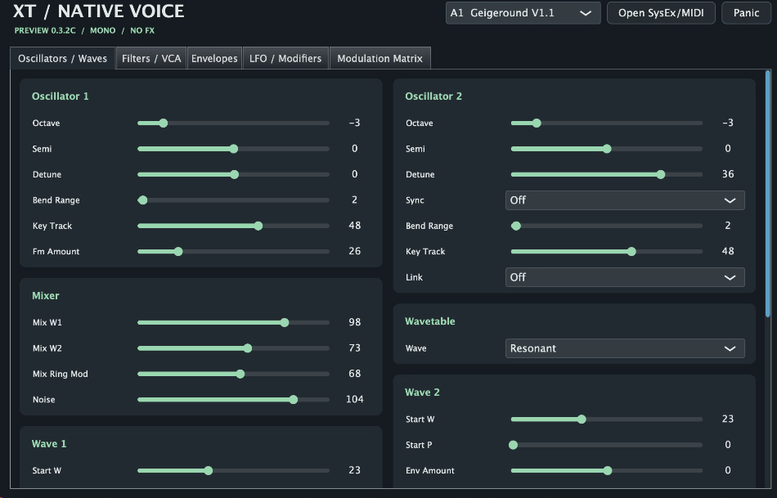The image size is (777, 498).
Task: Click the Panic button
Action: pyautogui.click(x=746, y=13)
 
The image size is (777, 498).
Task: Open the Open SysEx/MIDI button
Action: pyautogui.click(x=661, y=13)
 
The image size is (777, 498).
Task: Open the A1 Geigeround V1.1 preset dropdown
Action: pyautogui.click(x=523, y=13)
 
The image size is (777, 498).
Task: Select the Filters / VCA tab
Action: pyautogui.click(x=151, y=59)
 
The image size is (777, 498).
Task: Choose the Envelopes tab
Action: pyautogui.click(x=214, y=59)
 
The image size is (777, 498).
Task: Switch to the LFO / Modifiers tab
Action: pyautogui.click(x=285, y=59)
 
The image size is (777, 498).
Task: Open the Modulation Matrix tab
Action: pyautogui.click(x=380, y=59)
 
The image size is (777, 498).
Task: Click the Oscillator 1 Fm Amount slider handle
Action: pyautogui.click(x=178, y=252)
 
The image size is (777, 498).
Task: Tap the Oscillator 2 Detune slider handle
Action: pyautogui.click(x=661, y=174)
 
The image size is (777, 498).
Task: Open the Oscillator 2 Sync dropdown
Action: pyautogui.click(x=625, y=200)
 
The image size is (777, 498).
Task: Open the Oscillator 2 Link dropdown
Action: pyautogui.click(x=625, y=277)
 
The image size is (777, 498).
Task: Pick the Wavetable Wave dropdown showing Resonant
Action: pyautogui.click(x=625, y=348)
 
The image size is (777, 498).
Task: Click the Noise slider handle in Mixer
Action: pyautogui.click(x=294, y=399)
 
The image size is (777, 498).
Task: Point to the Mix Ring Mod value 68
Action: pyautogui.click(x=354, y=374)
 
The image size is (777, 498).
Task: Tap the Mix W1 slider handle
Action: pyautogui.click(x=285, y=322)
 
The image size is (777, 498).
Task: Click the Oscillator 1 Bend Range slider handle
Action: pyautogui.click(x=142, y=200)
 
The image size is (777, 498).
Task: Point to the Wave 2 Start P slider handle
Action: pyautogui.click(x=514, y=445)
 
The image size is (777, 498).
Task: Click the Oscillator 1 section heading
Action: pyautogui.click(x=60, y=96)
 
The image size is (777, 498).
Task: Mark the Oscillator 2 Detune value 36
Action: pyautogui.click(x=728, y=174)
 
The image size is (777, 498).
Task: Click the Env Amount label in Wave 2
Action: pyautogui.click(x=429, y=471)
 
